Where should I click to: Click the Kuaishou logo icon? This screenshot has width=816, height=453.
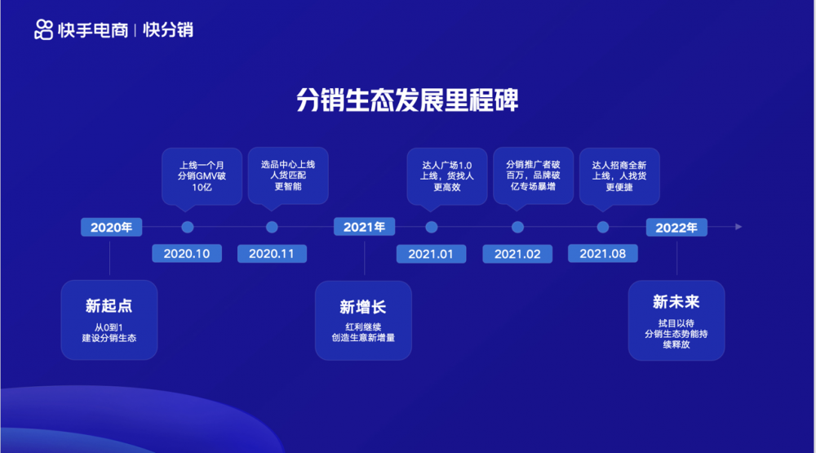click(44, 29)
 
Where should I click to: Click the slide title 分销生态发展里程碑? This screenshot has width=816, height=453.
click(407, 100)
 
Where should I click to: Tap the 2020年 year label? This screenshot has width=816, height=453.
click(111, 228)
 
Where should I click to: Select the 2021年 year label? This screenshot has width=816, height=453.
click(364, 227)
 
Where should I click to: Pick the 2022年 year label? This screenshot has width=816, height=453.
click(676, 228)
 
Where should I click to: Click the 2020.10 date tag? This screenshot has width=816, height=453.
click(187, 254)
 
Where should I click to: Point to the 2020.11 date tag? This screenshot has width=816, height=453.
click(272, 254)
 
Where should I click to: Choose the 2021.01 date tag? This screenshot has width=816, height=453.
click(431, 254)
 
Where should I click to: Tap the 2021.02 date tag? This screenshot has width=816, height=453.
click(517, 254)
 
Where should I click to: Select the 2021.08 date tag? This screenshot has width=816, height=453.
click(603, 254)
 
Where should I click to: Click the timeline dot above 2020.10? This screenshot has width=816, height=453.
click(188, 227)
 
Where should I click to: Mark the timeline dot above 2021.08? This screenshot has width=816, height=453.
click(603, 227)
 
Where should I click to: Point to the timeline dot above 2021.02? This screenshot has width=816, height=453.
click(517, 227)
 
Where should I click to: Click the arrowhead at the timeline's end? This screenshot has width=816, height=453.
click(738, 227)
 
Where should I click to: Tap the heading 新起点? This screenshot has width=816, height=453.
click(109, 305)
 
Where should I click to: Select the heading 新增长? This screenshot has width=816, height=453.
click(363, 307)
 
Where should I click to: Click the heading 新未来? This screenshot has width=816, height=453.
click(676, 302)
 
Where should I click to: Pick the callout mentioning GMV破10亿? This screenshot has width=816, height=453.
click(202, 177)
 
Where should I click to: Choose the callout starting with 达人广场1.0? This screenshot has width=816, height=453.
click(447, 177)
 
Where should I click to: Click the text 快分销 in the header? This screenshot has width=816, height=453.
click(168, 29)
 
